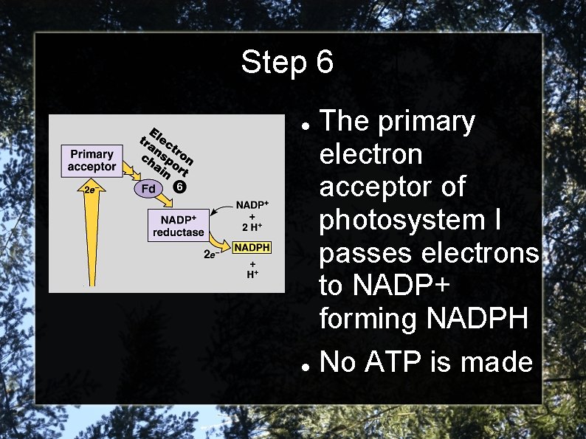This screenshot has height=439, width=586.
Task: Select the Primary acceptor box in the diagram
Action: coord(92,161)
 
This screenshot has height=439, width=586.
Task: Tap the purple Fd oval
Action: coord(148,189)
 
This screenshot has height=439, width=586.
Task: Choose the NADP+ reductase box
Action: coord(178,226)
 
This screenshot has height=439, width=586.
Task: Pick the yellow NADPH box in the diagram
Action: coord(252,248)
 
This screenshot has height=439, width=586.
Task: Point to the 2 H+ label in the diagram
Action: coord(252,227)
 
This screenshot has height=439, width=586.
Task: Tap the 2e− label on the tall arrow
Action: coord(90,189)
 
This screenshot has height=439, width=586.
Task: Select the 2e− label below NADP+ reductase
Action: coord(210,255)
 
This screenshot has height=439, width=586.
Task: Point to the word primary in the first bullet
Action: coord(426,122)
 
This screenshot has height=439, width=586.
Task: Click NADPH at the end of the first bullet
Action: coord(478,319)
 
